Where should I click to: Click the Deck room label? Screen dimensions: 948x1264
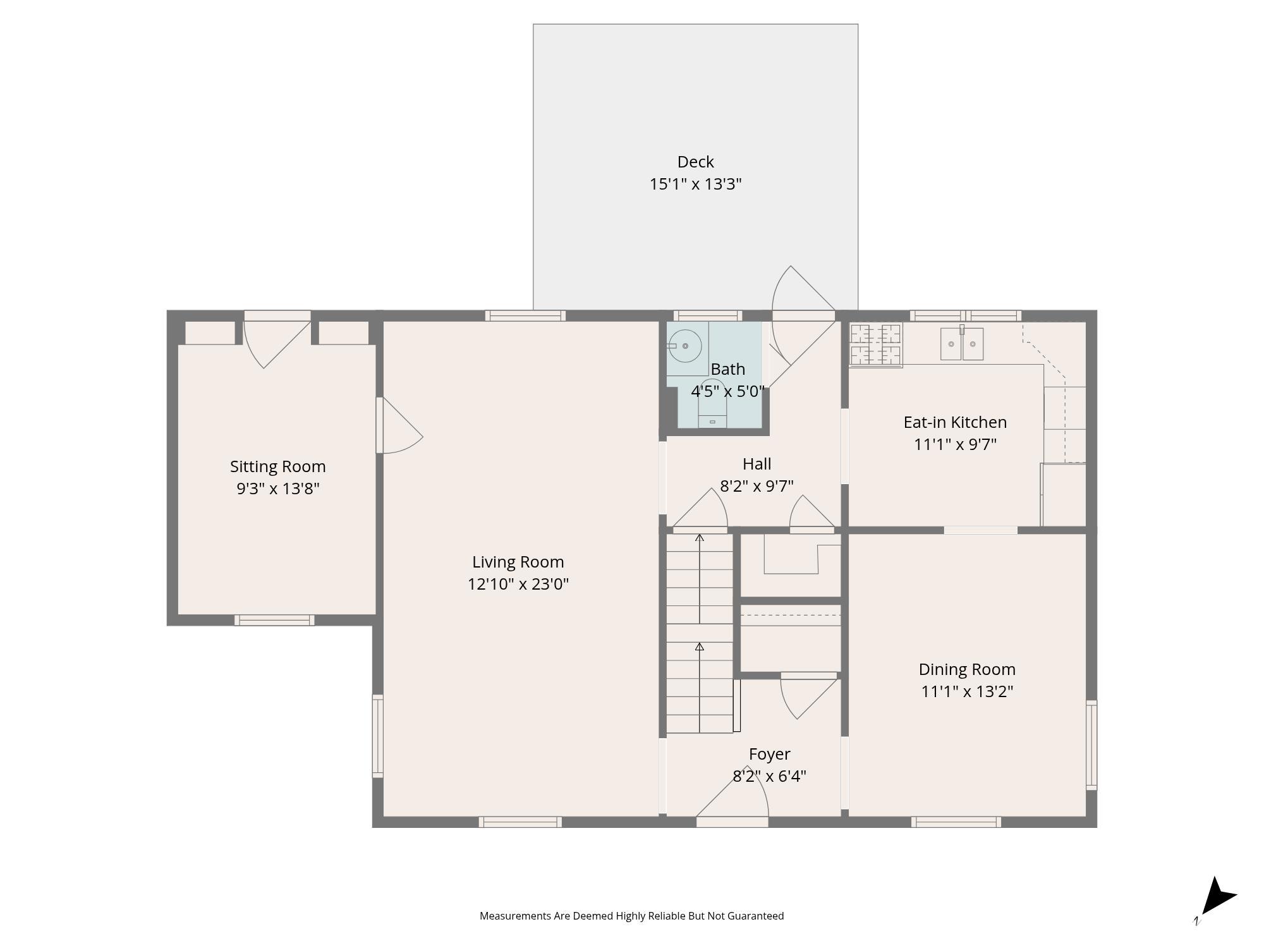[695, 162]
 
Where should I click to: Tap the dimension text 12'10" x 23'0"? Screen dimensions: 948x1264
[518, 584]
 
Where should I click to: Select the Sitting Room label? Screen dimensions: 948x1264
[277, 466]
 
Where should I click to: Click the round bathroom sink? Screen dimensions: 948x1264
[685, 346]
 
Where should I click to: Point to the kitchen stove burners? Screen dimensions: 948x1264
[875, 344]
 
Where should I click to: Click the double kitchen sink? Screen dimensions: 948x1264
[961, 344]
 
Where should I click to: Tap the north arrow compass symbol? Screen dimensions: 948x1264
[1216, 897]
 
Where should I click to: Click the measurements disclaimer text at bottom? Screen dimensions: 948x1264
[631, 916]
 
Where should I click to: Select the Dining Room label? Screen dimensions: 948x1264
[966, 669]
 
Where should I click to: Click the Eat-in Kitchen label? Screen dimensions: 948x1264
[955, 422]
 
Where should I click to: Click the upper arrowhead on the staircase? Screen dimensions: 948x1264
[700, 538]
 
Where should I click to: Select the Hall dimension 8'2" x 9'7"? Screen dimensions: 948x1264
[757, 486]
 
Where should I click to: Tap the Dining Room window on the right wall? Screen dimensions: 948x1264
[1091, 744]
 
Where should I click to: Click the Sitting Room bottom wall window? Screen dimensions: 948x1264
[274, 621]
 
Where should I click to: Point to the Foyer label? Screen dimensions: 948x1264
[769, 754]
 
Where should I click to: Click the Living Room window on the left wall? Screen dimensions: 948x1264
[377, 736]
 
